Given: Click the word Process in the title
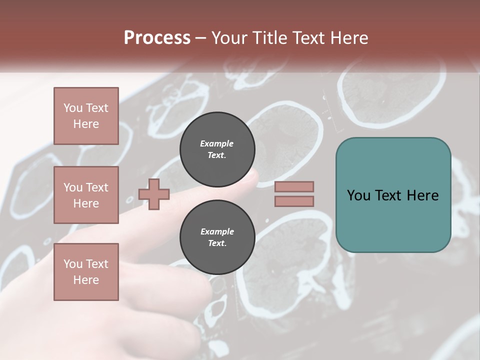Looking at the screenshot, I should point(157,38).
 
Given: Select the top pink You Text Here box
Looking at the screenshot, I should point(86,116).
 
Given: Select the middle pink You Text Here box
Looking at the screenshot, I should point(86,195).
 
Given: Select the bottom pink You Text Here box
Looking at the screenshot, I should point(86,272).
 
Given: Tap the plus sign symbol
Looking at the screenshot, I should point(154,194).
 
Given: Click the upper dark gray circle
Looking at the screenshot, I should point(217,149).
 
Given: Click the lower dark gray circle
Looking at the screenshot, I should point(217,237).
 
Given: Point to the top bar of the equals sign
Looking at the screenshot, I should point(294,186).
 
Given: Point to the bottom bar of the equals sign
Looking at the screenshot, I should point(294,201).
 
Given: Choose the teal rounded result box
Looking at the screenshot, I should point(393,194).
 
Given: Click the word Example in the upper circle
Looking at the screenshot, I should point(217,143).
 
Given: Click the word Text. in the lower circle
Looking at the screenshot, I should point(217,243).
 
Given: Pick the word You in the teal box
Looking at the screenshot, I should point(358,195).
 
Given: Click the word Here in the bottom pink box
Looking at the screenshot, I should point(86,280).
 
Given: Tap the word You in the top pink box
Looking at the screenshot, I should point(73,108).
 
